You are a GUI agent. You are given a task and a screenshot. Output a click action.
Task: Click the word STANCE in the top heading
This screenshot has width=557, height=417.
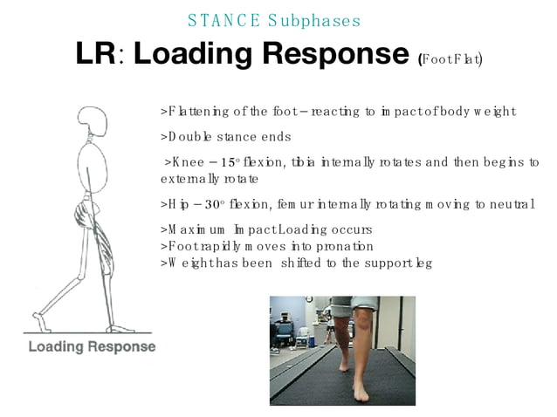pos(218,20)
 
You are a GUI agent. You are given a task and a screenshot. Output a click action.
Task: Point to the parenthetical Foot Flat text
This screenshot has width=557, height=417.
pos(451,59)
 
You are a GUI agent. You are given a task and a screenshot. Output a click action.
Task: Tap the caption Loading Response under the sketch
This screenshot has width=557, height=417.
pos(92,347)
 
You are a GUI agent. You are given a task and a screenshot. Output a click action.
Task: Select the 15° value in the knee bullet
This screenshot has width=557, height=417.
pos(228,162)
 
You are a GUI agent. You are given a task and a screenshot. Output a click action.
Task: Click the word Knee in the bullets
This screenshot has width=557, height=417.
pos(186,162)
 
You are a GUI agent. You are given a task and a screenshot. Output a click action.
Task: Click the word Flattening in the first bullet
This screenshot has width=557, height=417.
pos(197,112)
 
